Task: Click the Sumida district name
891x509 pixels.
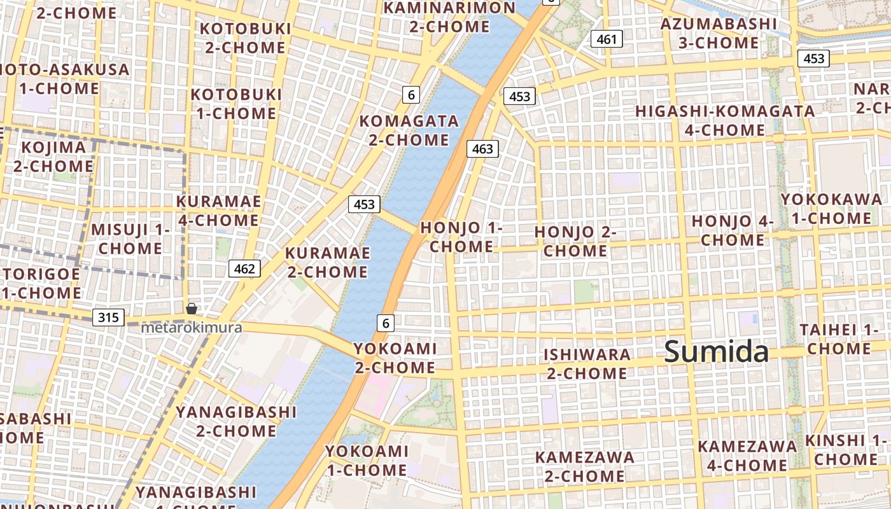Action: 717,352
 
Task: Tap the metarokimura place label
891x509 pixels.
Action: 192,328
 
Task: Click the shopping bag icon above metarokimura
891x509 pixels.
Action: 192,309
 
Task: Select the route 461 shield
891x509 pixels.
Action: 607,39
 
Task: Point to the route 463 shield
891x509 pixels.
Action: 482,149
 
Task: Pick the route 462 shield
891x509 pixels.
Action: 244,268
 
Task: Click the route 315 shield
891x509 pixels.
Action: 108,317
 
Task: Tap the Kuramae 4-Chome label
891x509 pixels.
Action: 218,211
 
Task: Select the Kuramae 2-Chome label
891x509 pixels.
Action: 327,262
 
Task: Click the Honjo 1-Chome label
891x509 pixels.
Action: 461,237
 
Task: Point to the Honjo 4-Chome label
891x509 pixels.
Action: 733,230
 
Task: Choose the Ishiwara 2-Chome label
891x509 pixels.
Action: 587,363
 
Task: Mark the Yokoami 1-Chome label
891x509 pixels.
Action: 367,461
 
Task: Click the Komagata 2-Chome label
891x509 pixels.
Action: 409,130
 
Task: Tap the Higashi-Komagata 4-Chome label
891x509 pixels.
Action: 725,120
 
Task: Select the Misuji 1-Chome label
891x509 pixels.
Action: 130,239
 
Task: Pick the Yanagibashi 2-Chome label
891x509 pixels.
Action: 236,421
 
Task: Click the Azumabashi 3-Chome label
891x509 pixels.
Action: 719,34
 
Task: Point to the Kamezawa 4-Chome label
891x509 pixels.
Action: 747,456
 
